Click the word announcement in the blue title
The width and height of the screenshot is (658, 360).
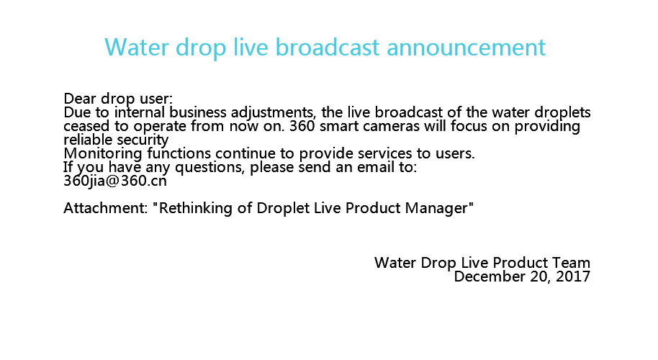tap(466, 47)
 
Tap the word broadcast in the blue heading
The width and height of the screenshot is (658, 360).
tap(328, 47)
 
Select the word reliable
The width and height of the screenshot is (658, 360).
tap(88, 140)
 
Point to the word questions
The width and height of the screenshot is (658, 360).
tap(209, 168)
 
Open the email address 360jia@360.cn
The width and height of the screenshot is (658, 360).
tap(115, 181)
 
